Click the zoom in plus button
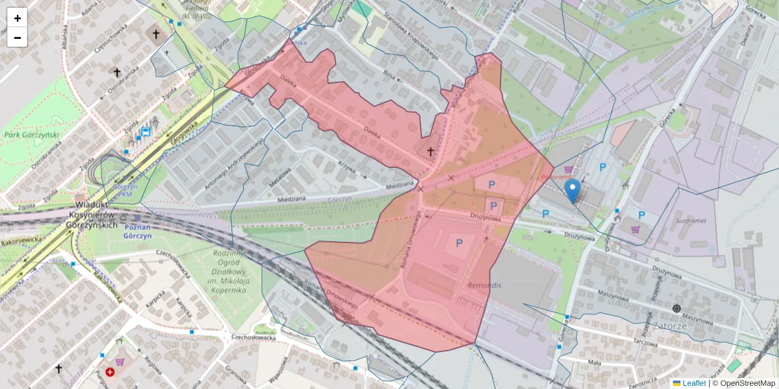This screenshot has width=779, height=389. click(x=18, y=18)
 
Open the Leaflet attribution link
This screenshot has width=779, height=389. click(x=693, y=383)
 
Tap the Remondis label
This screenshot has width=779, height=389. click(x=484, y=285)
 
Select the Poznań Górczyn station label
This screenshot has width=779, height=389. click(x=138, y=231)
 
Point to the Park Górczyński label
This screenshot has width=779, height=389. click(x=32, y=135)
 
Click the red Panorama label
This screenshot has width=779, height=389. click(x=556, y=176)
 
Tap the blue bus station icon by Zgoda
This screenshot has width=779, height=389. click(x=146, y=130)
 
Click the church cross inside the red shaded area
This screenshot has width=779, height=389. click(x=430, y=151)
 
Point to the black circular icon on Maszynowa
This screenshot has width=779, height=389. click(x=677, y=309)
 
